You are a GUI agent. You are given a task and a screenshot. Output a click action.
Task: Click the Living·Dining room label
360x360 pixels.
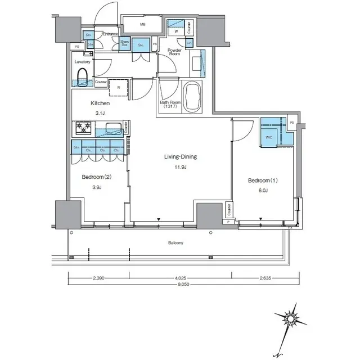click(177, 157)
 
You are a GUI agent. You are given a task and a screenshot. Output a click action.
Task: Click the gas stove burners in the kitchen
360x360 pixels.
click(83, 128)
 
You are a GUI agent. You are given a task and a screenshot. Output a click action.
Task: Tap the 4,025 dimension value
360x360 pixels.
click(179, 277)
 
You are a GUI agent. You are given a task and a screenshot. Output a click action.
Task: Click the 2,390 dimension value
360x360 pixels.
click(99, 277)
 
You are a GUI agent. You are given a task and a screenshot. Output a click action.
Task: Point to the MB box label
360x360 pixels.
click(142, 25)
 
